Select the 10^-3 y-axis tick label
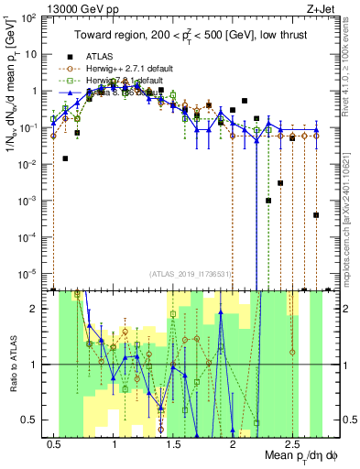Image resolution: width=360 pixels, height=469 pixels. tap(31, 200)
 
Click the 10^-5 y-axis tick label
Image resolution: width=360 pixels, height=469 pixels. tap(31, 272)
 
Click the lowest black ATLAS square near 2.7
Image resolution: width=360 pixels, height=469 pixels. tap(315, 215)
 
